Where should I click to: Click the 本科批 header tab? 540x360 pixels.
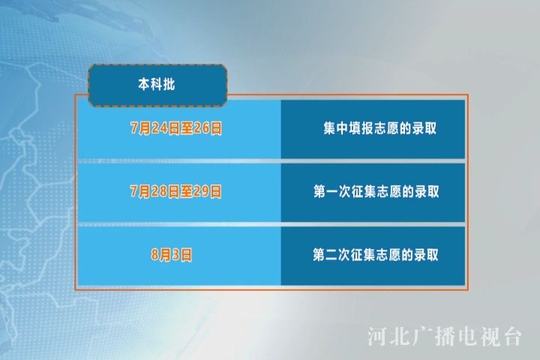tap(157, 85)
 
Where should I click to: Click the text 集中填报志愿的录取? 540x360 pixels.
tap(379, 128)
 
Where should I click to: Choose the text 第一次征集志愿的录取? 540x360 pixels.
tap(376, 191)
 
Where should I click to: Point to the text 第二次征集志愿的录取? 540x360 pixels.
tap(376, 255)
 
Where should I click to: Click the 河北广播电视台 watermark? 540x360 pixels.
tap(444, 336)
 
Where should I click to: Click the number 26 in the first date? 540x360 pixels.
tap(201, 128)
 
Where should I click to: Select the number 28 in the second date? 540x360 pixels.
tap(159, 191)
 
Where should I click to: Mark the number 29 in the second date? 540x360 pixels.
tap(201, 191)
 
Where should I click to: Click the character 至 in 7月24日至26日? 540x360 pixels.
tap(186, 128)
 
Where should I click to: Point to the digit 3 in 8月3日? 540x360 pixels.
tap(175, 255)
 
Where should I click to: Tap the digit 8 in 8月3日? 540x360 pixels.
tap(155, 255)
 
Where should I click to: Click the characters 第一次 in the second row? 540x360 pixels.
tap(332, 191)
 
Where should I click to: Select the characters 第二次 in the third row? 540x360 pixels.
tap(331, 255)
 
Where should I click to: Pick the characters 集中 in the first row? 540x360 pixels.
tap(336, 128)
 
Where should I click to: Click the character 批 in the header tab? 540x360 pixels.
tap(169, 85)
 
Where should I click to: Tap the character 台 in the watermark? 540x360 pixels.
tap(511, 336)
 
